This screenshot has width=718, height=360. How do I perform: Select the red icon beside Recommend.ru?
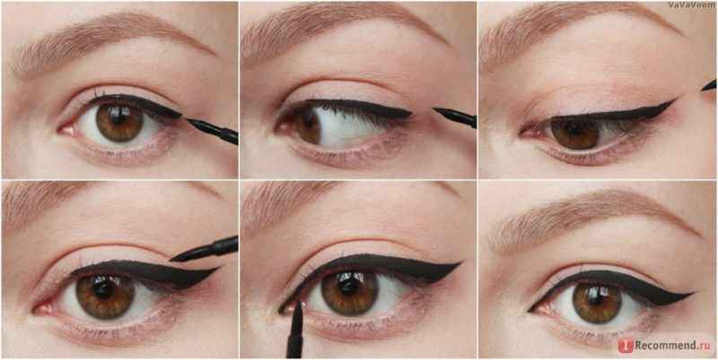(626, 346)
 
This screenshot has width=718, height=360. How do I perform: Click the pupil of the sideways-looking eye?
(306, 120)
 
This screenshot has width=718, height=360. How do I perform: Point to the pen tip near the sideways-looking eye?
(434, 110)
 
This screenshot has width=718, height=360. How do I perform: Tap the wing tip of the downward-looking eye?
(676, 100)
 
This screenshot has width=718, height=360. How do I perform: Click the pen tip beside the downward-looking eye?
(703, 87)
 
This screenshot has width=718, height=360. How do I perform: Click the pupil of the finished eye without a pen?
(597, 301)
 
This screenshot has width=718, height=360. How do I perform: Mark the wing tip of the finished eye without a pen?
(692, 294)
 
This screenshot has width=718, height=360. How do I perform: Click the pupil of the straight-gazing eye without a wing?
(120, 120)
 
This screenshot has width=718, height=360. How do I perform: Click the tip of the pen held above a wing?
(171, 260)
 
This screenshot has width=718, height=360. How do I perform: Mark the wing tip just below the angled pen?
(218, 268)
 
